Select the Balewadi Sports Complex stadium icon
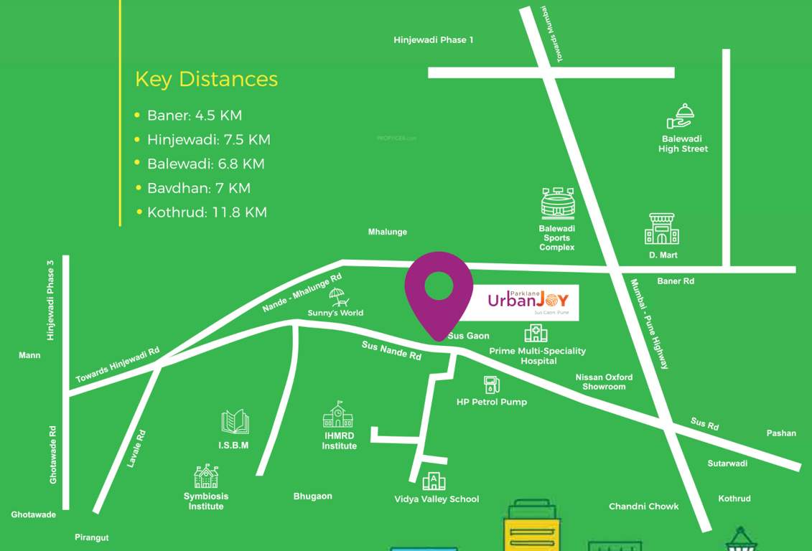point(558,204)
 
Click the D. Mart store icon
point(662,229)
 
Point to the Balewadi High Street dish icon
point(681,116)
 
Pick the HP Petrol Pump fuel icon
point(491,385)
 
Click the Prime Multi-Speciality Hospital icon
point(536,333)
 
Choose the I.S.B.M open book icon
point(235,423)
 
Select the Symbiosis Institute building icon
point(206,476)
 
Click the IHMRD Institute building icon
point(338,415)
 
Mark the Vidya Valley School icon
point(434,481)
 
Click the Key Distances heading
point(206,79)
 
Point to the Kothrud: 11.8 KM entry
point(207,212)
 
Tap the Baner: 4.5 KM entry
point(194,116)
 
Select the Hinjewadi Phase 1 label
point(433,40)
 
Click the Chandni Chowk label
point(643,507)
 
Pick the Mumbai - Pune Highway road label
point(650,324)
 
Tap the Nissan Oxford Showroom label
point(604,382)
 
